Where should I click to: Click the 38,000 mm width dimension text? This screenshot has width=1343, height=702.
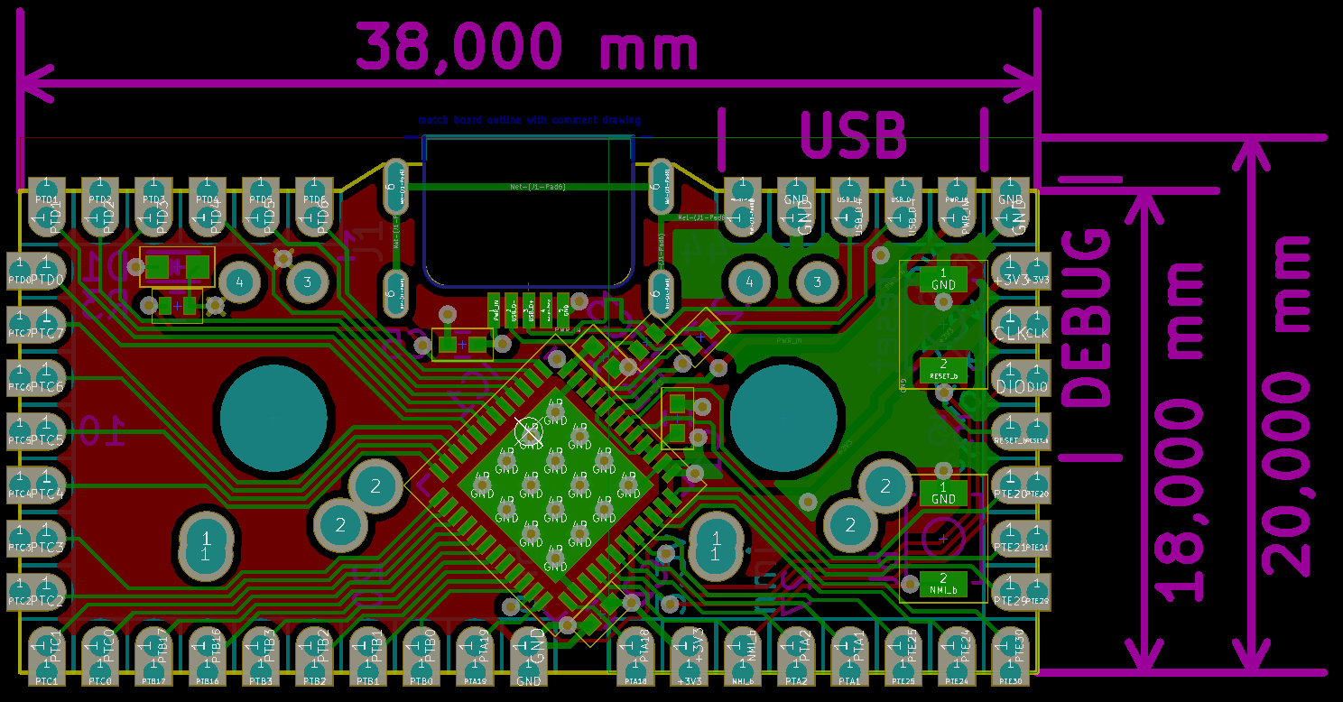(x=527, y=46)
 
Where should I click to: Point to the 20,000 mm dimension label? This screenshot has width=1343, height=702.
(x=1286, y=405)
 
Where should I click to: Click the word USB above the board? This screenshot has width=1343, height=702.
(x=853, y=136)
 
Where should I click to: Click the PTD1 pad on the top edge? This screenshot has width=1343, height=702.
(x=46, y=208)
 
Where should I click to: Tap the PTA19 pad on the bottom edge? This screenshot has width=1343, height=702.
(x=474, y=658)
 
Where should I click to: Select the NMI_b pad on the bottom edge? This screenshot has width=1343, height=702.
(x=742, y=658)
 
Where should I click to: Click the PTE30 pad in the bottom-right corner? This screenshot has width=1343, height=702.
(x=1010, y=658)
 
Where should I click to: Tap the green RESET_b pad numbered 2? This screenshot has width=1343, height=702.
(x=943, y=367)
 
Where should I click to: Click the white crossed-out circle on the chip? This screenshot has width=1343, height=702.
(x=528, y=431)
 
